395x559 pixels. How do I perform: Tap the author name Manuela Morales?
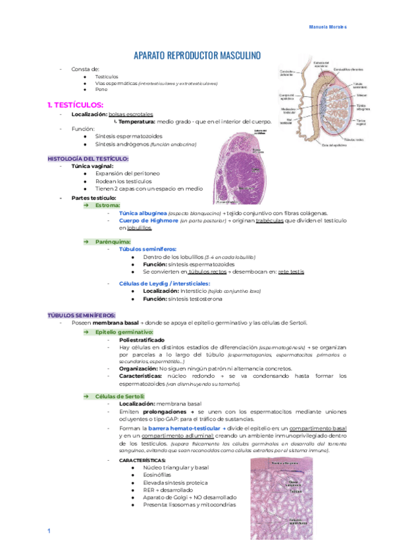pyautogui.click(x=328, y=27)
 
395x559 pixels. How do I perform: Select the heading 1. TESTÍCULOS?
pyautogui.click(x=75, y=105)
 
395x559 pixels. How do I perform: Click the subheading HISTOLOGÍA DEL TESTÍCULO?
pyautogui.click(x=88, y=159)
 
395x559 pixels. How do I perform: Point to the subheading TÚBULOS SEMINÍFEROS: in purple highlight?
pyautogui.click(x=81, y=315)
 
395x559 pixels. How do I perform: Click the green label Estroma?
pyautogui.click(x=107, y=206)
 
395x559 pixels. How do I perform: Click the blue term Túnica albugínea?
pyautogui.click(x=142, y=213)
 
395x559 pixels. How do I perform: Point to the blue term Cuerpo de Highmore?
pyautogui.click(x=146, y=220)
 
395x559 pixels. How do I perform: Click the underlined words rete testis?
pyautogui.click(x=291, y=271)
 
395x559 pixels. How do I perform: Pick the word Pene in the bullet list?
pyautogui.click(x=101, y=89)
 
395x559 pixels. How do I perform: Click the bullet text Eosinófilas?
pyautogui.click(x=157, y=475)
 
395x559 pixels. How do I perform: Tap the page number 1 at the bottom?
pyautogui.click(x=49, y=531)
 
